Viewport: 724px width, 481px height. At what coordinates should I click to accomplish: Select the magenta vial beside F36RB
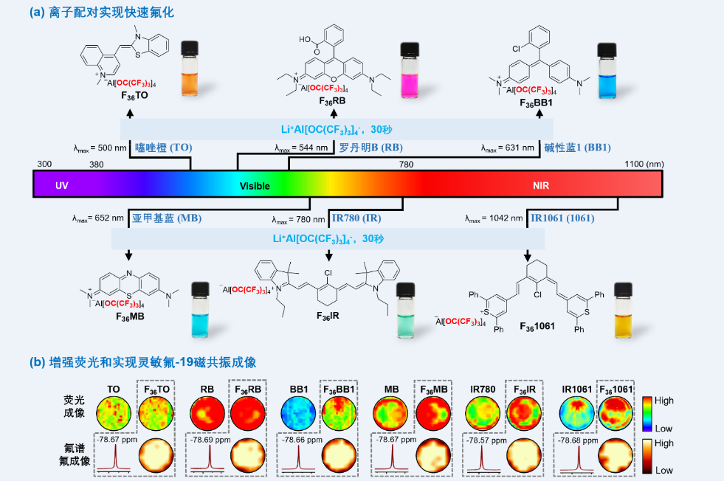point(410,70)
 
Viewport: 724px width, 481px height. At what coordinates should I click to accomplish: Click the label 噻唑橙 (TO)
point(164,148)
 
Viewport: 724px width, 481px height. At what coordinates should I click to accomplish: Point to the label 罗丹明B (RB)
point(370,148)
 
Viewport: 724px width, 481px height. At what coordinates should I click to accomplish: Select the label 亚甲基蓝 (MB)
point(167,218)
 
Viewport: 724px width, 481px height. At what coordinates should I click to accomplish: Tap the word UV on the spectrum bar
point(62,186)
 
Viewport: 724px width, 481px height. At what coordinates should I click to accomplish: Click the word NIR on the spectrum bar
point(542,186)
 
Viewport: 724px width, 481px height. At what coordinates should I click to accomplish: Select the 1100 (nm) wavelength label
point(644,164)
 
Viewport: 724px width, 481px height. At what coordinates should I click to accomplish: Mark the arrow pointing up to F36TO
point(130,113)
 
